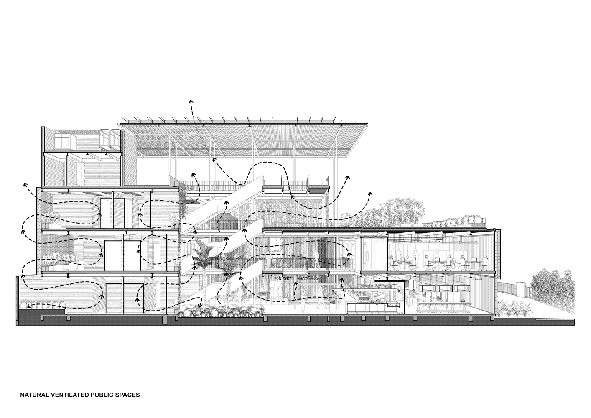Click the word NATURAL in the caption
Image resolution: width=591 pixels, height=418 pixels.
(x=34, y=403)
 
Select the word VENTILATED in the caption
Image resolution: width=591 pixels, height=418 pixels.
(x=69, y=403)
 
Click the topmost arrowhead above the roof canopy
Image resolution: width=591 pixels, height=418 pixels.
(x=191, y=102)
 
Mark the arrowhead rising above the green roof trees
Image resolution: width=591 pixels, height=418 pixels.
(x=370, y=194)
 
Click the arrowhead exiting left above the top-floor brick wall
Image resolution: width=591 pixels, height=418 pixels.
(x=25, y=184)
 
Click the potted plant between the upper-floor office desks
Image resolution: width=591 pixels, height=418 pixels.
(x=453, y=262)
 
